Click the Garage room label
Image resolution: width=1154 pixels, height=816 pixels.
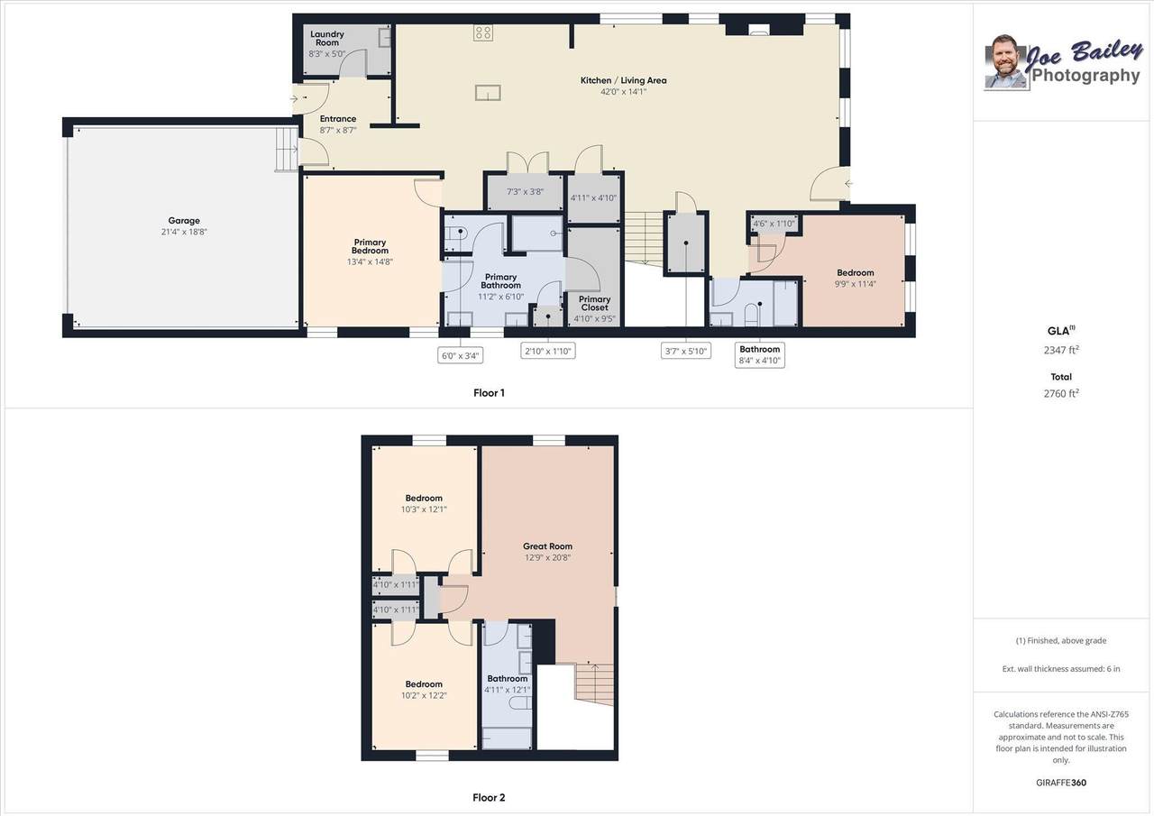tap(184, 221)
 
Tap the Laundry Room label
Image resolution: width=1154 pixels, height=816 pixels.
tap(327, 38)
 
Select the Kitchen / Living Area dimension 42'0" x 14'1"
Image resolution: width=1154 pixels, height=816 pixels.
tap(623, 92)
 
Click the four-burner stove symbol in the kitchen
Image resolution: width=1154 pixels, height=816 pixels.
tap(482, 33)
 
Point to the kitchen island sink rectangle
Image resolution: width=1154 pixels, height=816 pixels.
tap(488, 93)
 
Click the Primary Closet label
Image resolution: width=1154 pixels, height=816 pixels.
tap(594, 303)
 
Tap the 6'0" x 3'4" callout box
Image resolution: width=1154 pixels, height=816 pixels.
tap(460, 355)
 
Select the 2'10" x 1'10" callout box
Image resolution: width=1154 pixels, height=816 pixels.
tap(547, 351)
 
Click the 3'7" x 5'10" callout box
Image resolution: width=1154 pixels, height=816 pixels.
tap(686, 351)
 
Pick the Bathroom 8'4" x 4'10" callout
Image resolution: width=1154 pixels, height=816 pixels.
tap(760, 355)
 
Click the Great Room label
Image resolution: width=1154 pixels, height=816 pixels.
tap(547, 546)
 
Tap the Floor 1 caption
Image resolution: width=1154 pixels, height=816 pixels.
tap(489, 393)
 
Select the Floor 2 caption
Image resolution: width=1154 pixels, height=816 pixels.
tap(489, 798)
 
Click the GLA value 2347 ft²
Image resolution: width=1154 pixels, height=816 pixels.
tap(1061, 350)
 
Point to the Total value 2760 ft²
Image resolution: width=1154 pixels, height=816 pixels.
tap(1061, 393)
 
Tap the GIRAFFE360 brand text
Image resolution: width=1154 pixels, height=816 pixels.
tap(1061, 783)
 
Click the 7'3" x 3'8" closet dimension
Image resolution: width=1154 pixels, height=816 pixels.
tap(525, 192)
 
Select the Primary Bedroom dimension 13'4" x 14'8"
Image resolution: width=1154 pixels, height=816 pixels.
tap(370, 261)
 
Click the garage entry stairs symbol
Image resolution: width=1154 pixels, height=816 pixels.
tap(287, 149)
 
